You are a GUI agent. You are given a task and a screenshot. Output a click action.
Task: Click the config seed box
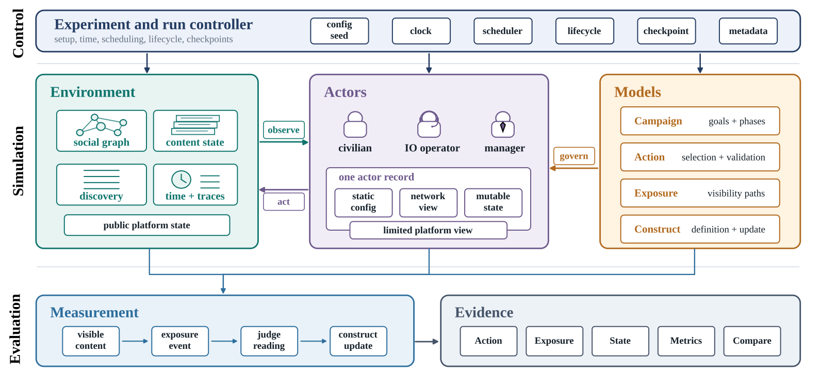click(x=339, y=31)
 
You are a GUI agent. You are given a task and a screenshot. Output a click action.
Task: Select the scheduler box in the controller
click(x=503, y=31)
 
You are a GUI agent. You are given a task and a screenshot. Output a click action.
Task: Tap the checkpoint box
click(x=666, y=31)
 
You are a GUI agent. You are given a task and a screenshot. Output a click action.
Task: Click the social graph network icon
click(x=102, y=125)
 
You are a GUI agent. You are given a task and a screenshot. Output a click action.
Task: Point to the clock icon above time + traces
click(x=181, y=180)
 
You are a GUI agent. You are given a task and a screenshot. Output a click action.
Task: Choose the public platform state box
click(x=147, y=225)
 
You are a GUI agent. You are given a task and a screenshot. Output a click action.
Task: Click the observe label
click(x=284, y=130)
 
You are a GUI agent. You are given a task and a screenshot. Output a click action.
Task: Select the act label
click(x=284, y=202)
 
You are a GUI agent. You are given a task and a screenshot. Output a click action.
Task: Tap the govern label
click(x=574, y=156)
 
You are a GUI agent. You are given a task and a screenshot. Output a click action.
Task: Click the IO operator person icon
click(x=429, y=124)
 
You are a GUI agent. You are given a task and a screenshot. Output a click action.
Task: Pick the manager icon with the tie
click(x=503, y=124)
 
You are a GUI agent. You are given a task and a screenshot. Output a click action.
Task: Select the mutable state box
click(x=493, y=202)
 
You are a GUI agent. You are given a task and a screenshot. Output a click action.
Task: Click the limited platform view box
click(x=428, y=230)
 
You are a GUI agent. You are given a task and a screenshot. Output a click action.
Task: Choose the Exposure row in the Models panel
click(x=700, y=193)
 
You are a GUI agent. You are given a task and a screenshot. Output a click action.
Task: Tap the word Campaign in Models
click(x=658, y=121)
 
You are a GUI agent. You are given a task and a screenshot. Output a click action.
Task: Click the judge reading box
click(x=269, y=341)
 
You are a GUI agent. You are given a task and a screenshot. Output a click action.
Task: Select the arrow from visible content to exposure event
click(x=135, y=341)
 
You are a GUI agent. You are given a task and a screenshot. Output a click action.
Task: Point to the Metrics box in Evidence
click(x=686, y=341)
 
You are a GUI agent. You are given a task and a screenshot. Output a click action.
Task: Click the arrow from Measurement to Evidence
click(x=427, y=342)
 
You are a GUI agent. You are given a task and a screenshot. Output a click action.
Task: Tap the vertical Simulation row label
click(x=18, y=161)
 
